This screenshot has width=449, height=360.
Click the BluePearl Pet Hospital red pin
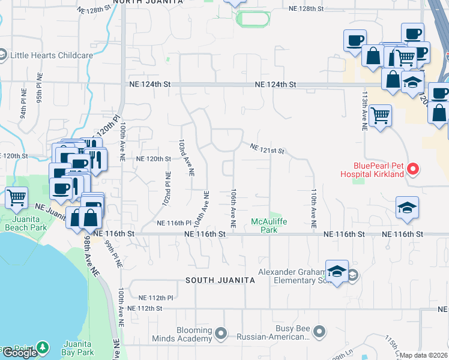[412, 169]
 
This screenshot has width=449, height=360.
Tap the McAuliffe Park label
[264, 226]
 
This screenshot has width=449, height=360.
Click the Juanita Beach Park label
[25, 223]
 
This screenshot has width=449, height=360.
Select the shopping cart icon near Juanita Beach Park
[17, 197]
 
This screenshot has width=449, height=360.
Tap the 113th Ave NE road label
[364, 111]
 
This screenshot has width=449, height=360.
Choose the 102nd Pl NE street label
[166, 190]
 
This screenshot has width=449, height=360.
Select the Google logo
[20, 353]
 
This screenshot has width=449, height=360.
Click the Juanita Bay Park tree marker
[42, 347]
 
